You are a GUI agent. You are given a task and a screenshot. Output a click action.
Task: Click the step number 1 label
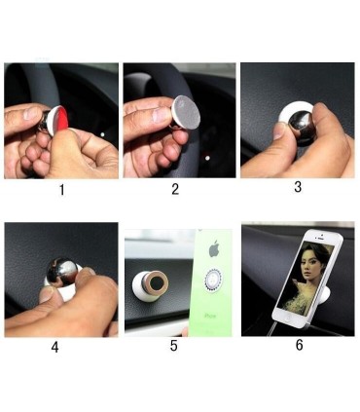coord(62,190)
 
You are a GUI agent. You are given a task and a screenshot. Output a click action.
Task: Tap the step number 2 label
coord(175,189)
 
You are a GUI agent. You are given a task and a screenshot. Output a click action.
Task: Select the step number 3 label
coord(298,187)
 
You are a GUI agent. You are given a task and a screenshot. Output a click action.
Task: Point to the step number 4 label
coord(54,347)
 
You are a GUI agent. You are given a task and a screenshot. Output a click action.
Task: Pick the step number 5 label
coord(174,346)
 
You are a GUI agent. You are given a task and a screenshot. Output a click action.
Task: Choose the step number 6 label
coord(299,345)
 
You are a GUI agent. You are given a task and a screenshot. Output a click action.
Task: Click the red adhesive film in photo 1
coord(62,120)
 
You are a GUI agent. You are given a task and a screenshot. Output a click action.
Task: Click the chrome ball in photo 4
coord(63,271)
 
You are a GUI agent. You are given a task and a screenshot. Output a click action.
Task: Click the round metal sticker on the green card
coord(213,280)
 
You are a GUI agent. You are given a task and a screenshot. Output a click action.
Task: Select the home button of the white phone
coord(287,318)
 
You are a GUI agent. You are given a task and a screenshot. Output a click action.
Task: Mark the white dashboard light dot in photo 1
coord(102,134)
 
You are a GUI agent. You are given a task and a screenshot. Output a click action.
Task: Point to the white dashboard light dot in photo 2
coord(207,158)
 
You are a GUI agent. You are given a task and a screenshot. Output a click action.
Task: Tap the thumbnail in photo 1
coord(31,113)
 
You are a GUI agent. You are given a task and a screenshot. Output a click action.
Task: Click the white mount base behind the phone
coord(325,294)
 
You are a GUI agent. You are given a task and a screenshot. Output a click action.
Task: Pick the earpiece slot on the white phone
coord(320,239)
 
